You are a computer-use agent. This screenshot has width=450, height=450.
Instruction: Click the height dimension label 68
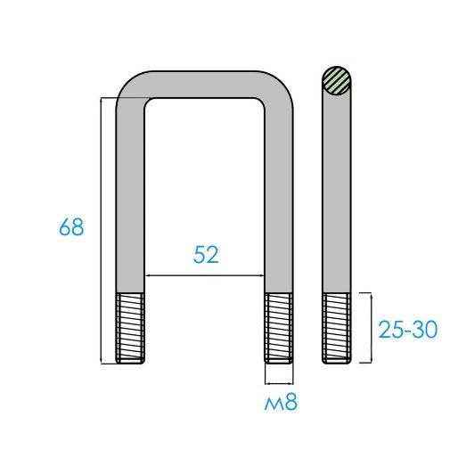[x=71, y=227]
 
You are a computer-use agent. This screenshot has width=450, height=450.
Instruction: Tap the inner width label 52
[x=206, y=255]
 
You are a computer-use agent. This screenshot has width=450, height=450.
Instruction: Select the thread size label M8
[x=281, y=402]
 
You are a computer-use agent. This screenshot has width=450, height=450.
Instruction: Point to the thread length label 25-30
[x=408, y=330]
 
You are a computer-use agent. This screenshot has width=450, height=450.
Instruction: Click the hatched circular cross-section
[x=337, y=80]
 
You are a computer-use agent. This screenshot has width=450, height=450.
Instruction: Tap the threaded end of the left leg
[x=130, y=328]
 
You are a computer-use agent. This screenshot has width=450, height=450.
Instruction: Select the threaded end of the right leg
[x=279, y=328]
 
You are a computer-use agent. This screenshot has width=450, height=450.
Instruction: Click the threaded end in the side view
[x=337, y=328]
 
